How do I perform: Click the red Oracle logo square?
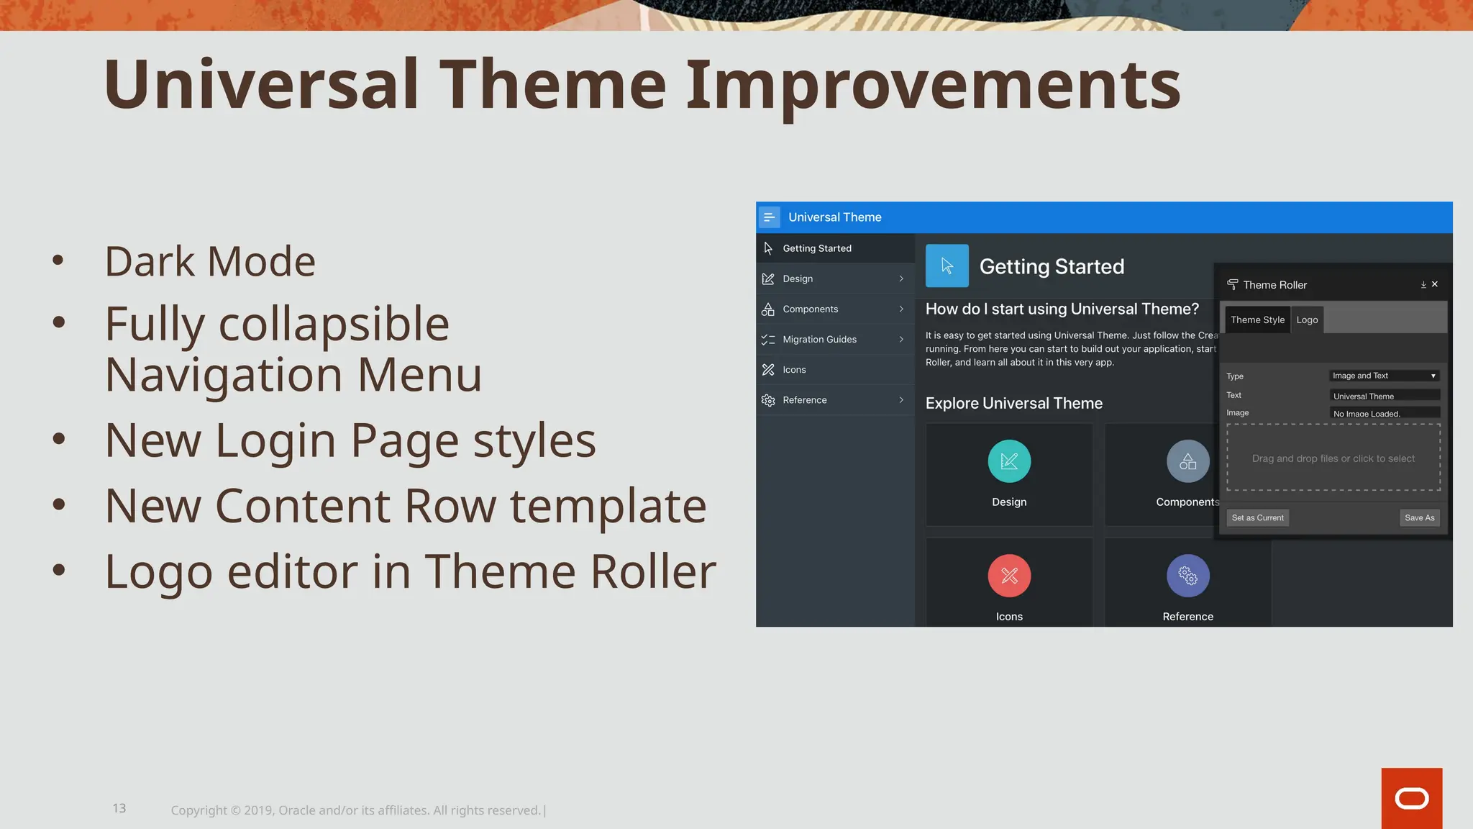pos(1411,798)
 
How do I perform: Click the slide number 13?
pos(119,808)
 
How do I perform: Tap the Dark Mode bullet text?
pos(210,261)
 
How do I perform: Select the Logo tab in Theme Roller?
pos(1307,320)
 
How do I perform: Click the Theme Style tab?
pos(1257,320)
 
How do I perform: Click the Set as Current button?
pos(1257,517)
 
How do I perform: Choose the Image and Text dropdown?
pos(1384,376)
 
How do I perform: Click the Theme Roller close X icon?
pos(1435,284)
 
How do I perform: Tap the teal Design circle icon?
pos(1009,461)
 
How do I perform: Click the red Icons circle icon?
pos(1009,576)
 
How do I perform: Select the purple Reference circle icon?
pos(1187,576)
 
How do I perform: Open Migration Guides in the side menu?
pos(819,340)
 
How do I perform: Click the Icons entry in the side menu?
pos(794,370)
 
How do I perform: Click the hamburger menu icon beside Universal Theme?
pos(769,217)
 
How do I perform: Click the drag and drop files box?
pos(1333,458)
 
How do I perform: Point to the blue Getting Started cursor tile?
pos(947,266)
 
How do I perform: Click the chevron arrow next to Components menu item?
pos(901,309)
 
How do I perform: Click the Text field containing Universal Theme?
pos(1384,396)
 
